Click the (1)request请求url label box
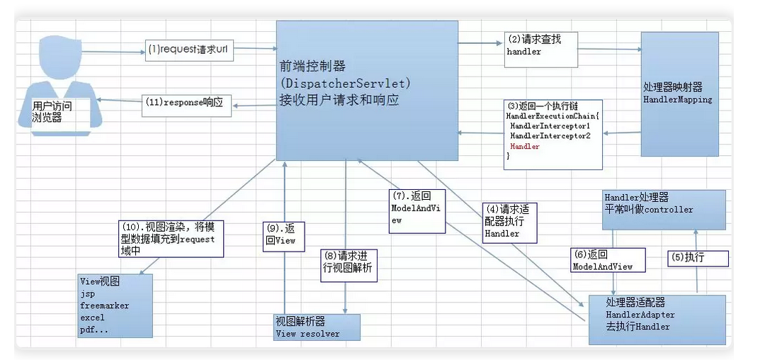pos(189,50)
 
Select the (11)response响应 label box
pos(187,103)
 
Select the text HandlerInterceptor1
pos(550,125)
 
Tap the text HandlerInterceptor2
pos(550,135)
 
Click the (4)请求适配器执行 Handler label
pos(508,222)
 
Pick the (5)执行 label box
pos(697,257)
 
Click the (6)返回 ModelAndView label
pos(608,260)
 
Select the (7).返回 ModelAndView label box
pos(416,210)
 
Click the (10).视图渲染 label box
pos(171,237)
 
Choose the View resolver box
pos(317,328)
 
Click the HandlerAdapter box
pos(657,319)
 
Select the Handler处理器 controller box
pos(664,208)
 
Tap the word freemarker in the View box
pos(105,305)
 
